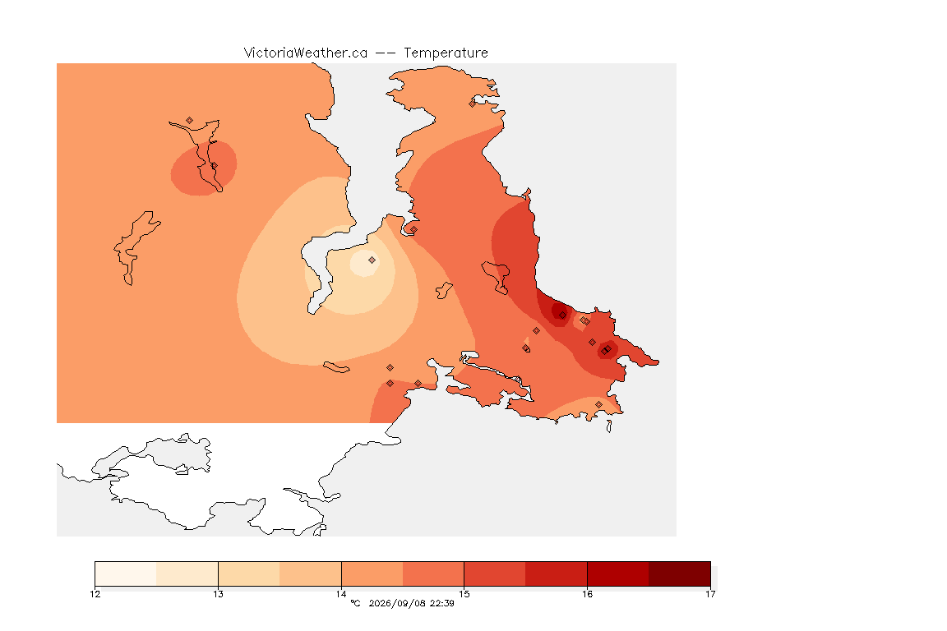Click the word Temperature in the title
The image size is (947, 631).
[x=446, y=53]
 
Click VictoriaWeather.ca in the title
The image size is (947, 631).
[x=306, y=53]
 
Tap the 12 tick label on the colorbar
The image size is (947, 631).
[x=95, y=594]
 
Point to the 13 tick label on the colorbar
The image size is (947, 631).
[x=218, y=594]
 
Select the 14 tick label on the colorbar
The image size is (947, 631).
[x=341, y=594]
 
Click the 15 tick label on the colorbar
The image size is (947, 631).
[x=464, y=594]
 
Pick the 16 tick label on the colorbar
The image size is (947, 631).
[x=587, y=594]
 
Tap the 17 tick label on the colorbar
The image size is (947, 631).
[x=710, y=594]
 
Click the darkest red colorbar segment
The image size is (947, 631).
[x=680, y=573]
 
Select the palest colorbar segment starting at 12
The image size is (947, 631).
[x=126, y=573]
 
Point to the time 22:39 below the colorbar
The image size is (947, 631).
[x=442, y=603]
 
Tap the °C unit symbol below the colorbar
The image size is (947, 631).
[x=355, y=603]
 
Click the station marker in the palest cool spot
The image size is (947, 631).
[x=372, y=260]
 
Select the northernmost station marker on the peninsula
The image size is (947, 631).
[x=473, y=104]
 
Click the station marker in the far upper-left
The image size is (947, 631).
[x=190, y=121]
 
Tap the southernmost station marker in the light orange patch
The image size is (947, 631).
[x=598, y=404]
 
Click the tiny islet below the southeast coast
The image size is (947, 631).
[x=609, y=426]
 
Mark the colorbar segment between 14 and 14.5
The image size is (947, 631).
[x=372, y=573]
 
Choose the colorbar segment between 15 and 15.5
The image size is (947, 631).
[x=495, y=573]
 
